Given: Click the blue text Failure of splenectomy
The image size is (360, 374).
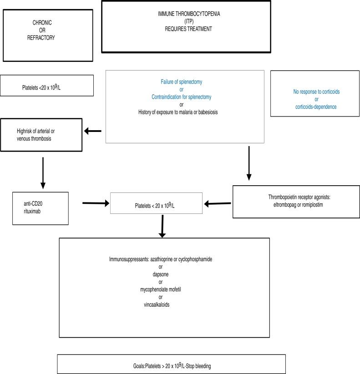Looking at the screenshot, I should (x=182, y=82).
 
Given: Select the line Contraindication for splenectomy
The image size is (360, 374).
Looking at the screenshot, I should (x=182, y=97).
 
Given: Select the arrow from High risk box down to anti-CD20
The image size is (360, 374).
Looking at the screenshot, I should (x=43, y=173).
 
